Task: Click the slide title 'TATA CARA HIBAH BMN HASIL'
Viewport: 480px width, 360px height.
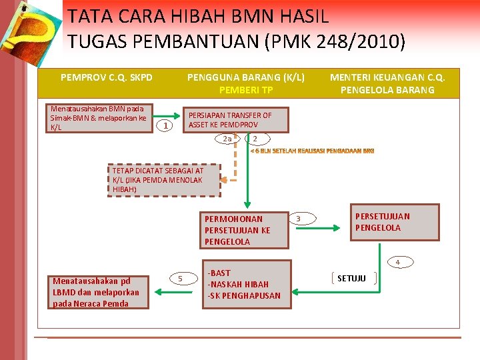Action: [x=198, y=15]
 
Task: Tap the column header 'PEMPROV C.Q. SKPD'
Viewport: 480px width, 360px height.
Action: [x=107, y=77]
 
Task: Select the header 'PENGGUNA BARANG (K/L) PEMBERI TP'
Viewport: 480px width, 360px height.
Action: [x=246, y=83]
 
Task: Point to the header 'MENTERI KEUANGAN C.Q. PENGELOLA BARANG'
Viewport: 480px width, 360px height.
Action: [x=387, y=83]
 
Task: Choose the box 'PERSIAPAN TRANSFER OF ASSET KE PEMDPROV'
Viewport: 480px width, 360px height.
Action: [x=236, y=120]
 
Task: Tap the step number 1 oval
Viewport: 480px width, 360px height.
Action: [x=167, y=126]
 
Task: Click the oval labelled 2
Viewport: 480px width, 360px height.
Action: [x=255, y=139]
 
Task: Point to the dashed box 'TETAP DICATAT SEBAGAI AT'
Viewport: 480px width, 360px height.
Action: [x=165, y=180]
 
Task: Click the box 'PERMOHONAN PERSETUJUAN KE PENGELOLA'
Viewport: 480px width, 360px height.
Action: [x=245, y=230]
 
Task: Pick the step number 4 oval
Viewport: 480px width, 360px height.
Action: [x=397, y=262]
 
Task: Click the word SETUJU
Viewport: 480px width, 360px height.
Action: [x=351, y=278]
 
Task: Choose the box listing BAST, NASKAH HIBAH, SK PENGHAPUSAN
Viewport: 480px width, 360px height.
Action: [x=246, y=284]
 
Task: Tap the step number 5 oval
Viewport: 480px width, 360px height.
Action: [x=180, y=277]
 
